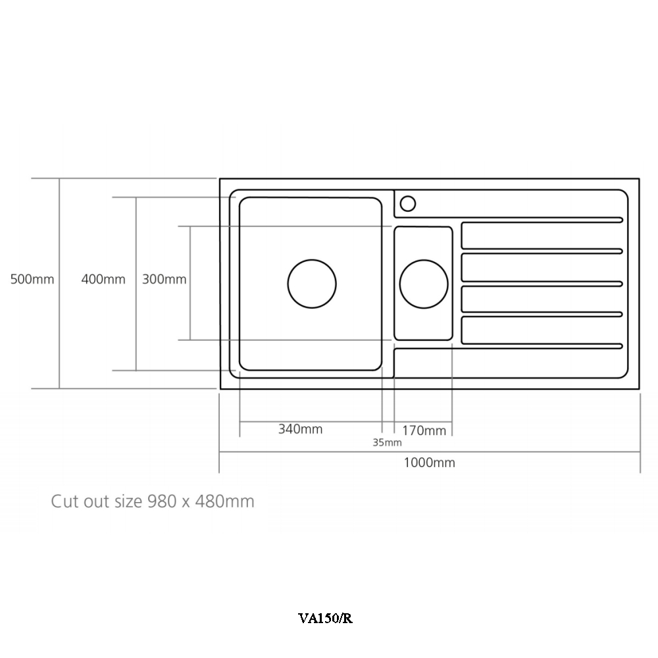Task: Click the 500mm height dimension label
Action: [32, 279]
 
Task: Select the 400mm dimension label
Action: [103, 279]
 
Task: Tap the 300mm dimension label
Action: [164, 279]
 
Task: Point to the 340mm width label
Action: [301, 429]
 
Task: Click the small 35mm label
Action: [387, 442]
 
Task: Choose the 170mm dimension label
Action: [424, 431]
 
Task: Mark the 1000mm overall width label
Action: [430, 463]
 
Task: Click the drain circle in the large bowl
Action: [312, 284]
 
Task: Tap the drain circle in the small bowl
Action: [424, 284]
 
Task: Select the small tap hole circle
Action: [408, 203]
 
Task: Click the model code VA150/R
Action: [325, 619]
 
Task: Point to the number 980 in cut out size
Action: [162, 501]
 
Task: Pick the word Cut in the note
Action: [65, 501]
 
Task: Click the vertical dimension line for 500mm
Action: [60, 329]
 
